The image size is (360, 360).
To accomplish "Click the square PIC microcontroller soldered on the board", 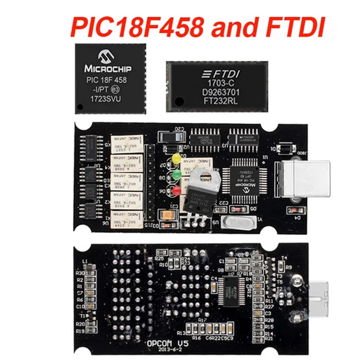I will click(243, 182).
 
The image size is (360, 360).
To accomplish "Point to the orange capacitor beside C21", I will click(169, 215).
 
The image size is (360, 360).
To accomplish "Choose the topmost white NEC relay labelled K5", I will click(127, 143).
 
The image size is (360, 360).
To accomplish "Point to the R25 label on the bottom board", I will click(159, 259).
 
